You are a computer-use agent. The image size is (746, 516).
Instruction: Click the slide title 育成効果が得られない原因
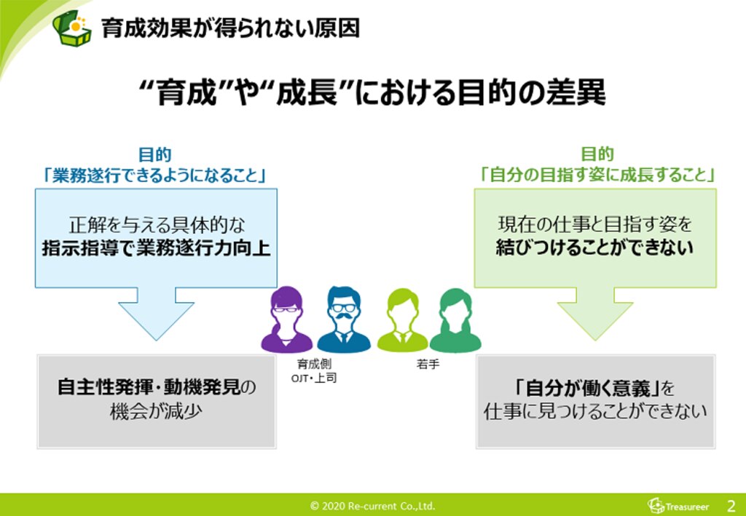point(230,28)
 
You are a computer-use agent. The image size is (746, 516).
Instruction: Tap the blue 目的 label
point(154,154)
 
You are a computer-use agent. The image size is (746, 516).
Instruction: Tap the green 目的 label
point(597,154)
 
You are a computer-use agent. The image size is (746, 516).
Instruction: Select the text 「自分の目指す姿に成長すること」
point(597,175)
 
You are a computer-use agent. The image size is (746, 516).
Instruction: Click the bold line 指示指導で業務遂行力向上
point(156,248)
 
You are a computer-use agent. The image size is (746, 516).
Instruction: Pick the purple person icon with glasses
point(287,320)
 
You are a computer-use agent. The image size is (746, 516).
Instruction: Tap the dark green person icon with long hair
point(455,320)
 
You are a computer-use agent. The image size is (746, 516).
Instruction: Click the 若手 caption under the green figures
point(428,364)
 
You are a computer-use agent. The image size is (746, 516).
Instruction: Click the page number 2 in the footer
point(731,505)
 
